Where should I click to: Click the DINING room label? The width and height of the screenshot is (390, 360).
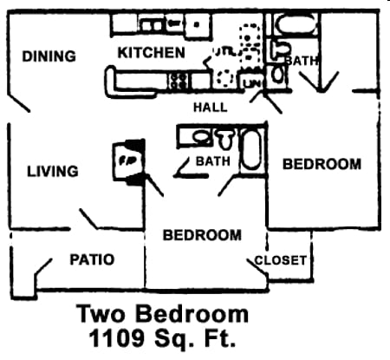pos(49,56)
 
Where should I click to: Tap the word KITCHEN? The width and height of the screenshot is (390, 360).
pos(152,53)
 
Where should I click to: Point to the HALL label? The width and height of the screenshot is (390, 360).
pos(211,108)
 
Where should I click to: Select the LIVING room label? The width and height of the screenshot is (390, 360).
pos(51,171)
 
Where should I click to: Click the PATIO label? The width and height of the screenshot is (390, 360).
pos(92,259)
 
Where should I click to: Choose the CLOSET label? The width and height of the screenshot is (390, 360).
pos(281,260)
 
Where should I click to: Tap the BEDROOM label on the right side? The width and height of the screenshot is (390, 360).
pos(322,164)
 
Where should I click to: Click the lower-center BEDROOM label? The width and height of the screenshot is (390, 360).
pos(202,235)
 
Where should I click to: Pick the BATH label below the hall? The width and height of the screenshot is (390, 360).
pos(212,162)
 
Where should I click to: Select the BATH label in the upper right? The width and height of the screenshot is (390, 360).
pos(301,61)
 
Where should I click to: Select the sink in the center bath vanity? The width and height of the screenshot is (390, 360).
pos(200,136)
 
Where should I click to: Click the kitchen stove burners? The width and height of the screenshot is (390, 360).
pos(181,81)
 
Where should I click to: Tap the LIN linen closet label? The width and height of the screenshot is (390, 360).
pos(254,82)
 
